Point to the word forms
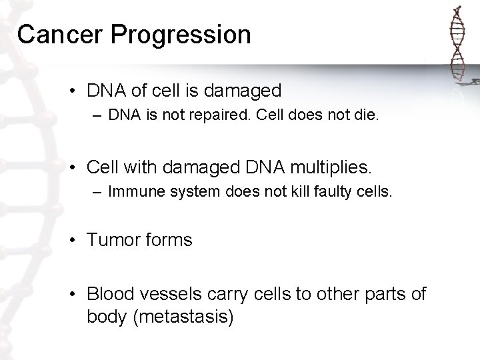[x=169, y=240]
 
